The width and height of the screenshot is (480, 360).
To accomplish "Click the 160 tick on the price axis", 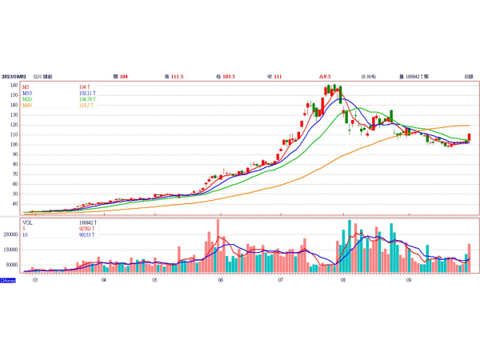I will pyautogui.click(x=14, y=86).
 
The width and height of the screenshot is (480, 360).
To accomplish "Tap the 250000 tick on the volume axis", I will pyautogui.click(x=10, y=235).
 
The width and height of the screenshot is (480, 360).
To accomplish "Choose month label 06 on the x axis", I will pyautogui.click(x=220, y=281).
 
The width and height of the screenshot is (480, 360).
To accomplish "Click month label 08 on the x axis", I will pyautogui.click(x=342, y=281).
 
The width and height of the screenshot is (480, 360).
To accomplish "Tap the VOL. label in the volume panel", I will pyautogui.click(x=28, y=222).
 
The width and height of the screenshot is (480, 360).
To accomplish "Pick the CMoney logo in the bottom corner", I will pyautogui.click(x=7, y=281).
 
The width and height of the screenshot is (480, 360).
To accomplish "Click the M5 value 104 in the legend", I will pyautogui.click(x=83, y=86).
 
